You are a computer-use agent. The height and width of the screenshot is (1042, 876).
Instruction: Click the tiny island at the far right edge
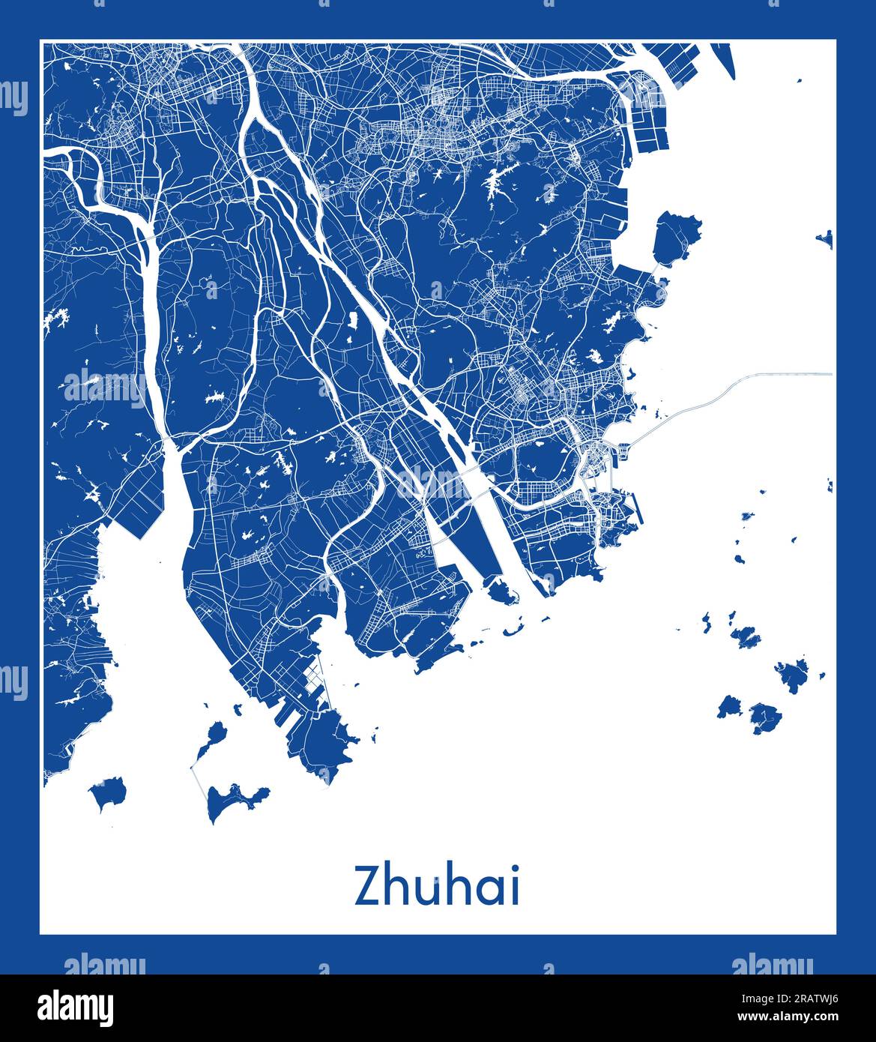pyautogui.click(x=826, y=239)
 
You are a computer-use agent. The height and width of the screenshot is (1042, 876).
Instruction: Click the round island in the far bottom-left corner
pyautogui.click(x=107, y=792)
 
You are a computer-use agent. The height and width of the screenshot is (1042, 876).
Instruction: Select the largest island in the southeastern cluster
pyautogui.click(x=791, y=675)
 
